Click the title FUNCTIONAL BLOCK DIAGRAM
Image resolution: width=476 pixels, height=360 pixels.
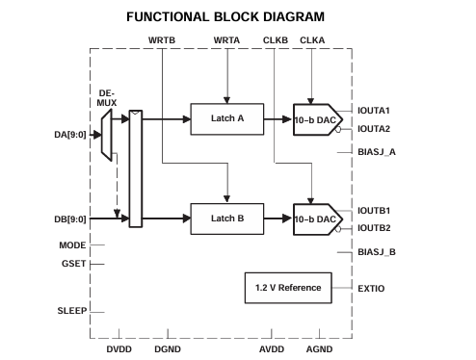point(237,15)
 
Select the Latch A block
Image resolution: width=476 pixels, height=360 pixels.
point(226,119)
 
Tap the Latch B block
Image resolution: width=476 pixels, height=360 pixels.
point(226,219)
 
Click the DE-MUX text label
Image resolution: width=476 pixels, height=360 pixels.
point(107,98)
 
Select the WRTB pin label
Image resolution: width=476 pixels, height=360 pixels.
point(162,39)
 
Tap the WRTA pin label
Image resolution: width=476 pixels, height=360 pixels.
point(225,39)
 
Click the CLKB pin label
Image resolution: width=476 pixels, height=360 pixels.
point(275,39)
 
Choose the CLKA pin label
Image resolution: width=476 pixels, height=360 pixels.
point(312,39)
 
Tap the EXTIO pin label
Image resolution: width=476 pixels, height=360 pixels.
point(371,288)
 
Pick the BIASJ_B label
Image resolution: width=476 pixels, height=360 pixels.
point(377,251)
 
